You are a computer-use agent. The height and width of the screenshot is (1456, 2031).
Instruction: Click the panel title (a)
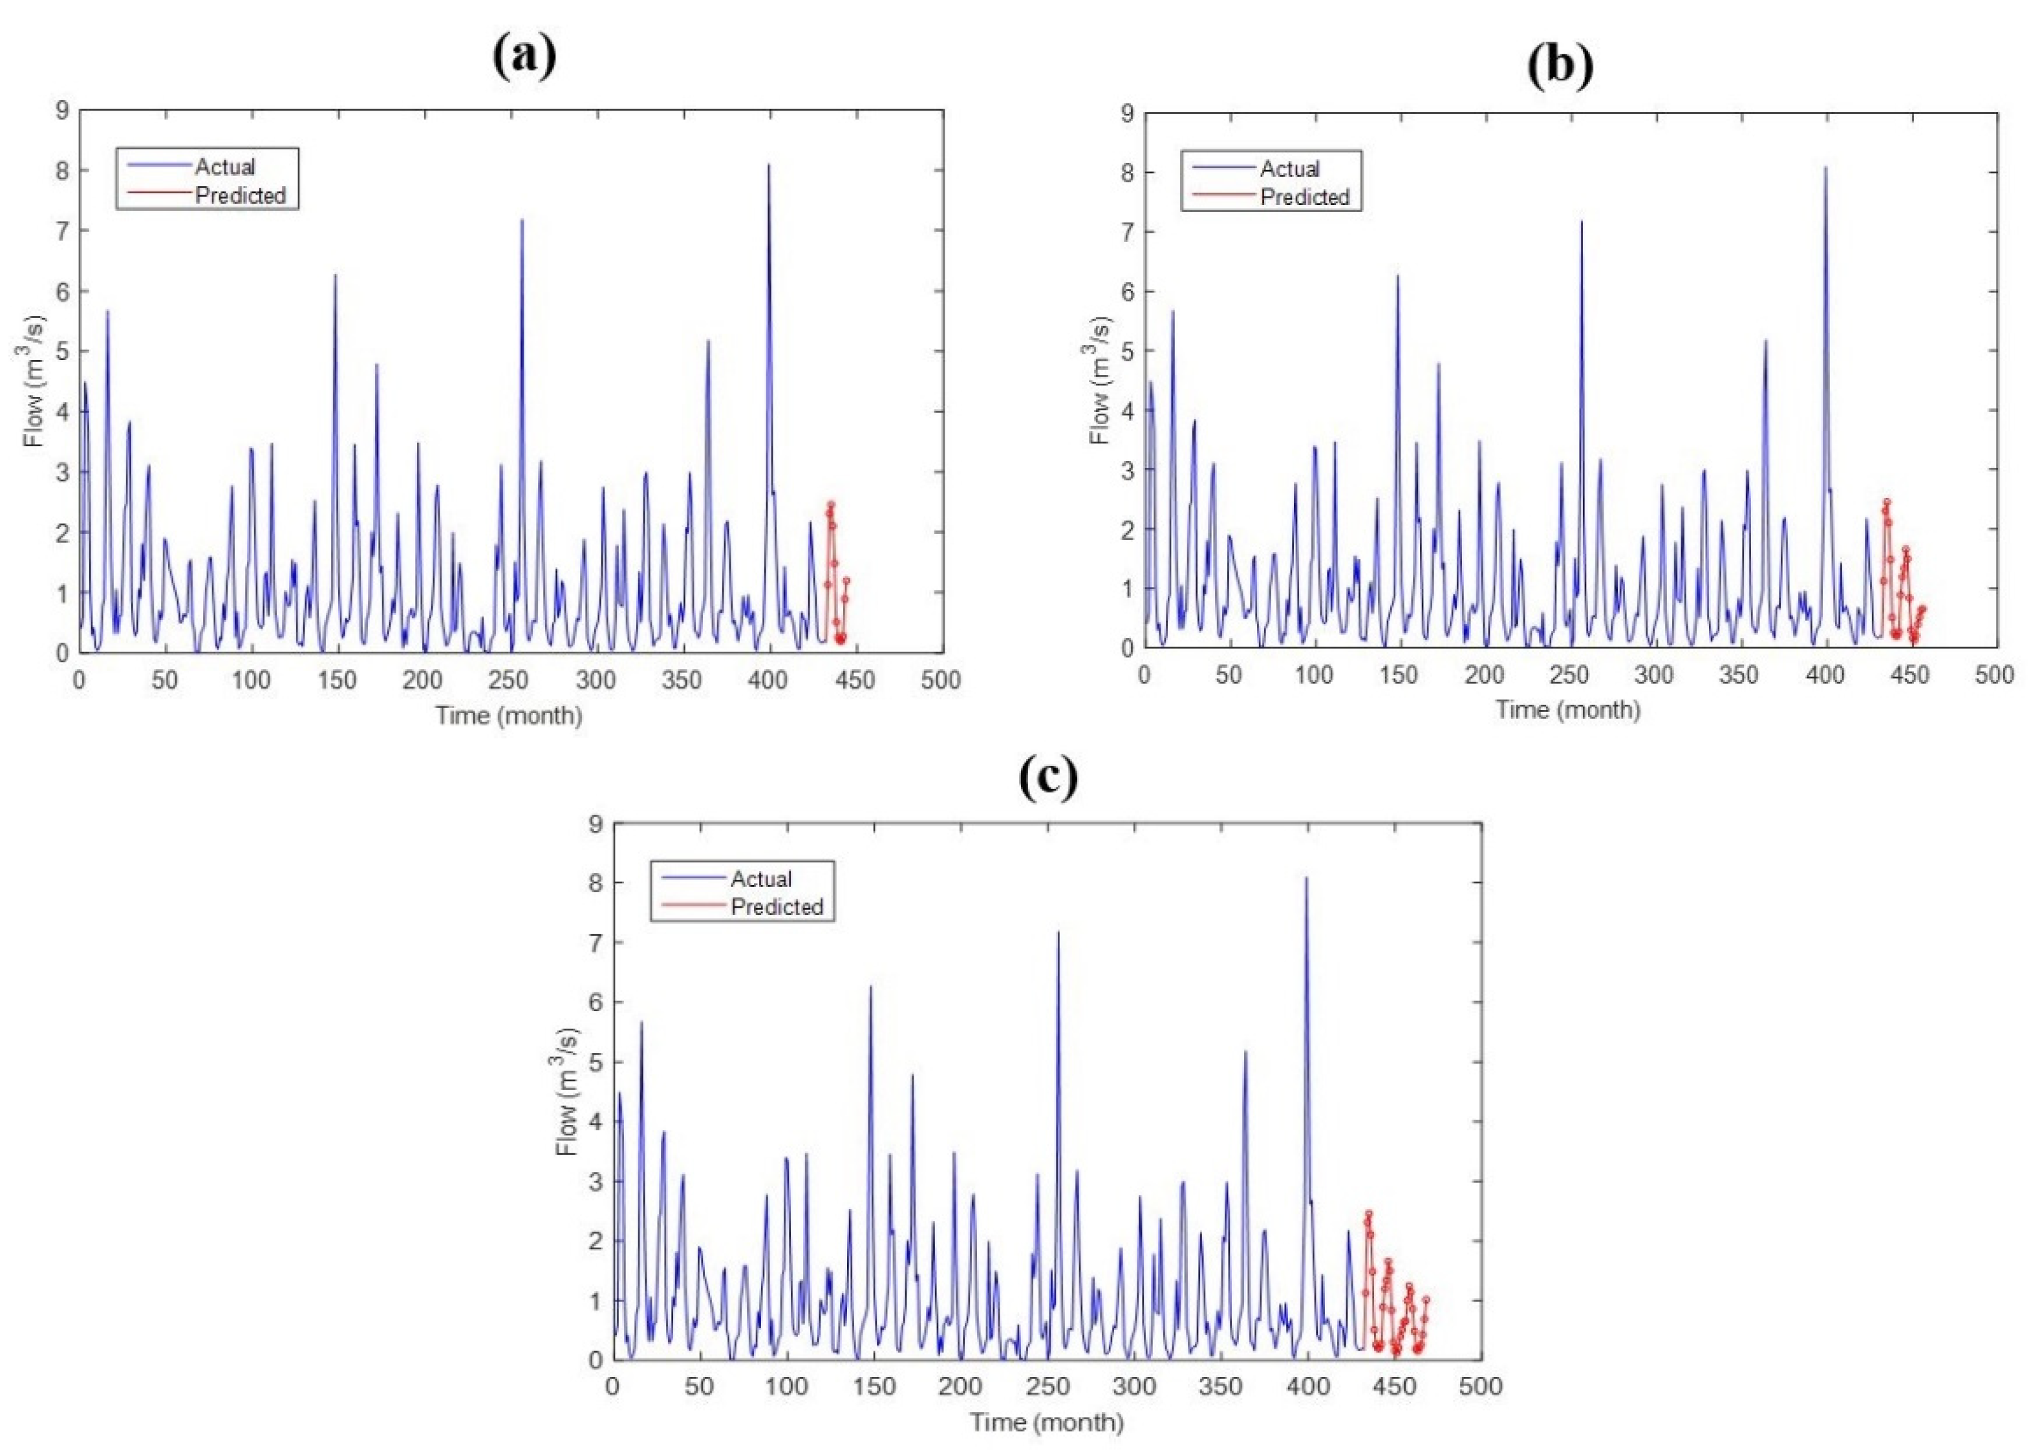click(x=525, y=56)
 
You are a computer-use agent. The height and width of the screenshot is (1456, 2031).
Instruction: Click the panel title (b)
click(x=1560, y=65)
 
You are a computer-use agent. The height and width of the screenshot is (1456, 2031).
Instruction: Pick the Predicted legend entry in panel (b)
click(x=1304, y=197)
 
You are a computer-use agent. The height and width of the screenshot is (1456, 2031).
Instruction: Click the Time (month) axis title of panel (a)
click(x=509, y=716)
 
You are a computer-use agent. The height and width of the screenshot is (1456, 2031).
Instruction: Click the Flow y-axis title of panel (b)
click(x=1100, y=381)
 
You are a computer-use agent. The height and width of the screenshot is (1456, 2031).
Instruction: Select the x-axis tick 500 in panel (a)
click(x=940, y=681)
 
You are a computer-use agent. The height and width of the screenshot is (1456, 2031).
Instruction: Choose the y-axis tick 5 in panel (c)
click(x=595, y=1062)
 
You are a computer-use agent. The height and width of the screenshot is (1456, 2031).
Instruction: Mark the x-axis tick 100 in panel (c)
click(x=786, y=1387)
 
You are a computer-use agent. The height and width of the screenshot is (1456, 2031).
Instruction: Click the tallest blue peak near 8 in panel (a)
click(x=768, y=166)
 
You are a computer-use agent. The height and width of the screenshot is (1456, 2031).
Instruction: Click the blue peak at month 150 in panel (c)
click(x=870, y=988)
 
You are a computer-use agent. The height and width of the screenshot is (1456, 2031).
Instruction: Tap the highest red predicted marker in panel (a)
click(x=830, y=505)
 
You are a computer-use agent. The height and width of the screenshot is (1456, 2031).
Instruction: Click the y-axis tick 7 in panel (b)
click(x=1126, y=232)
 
